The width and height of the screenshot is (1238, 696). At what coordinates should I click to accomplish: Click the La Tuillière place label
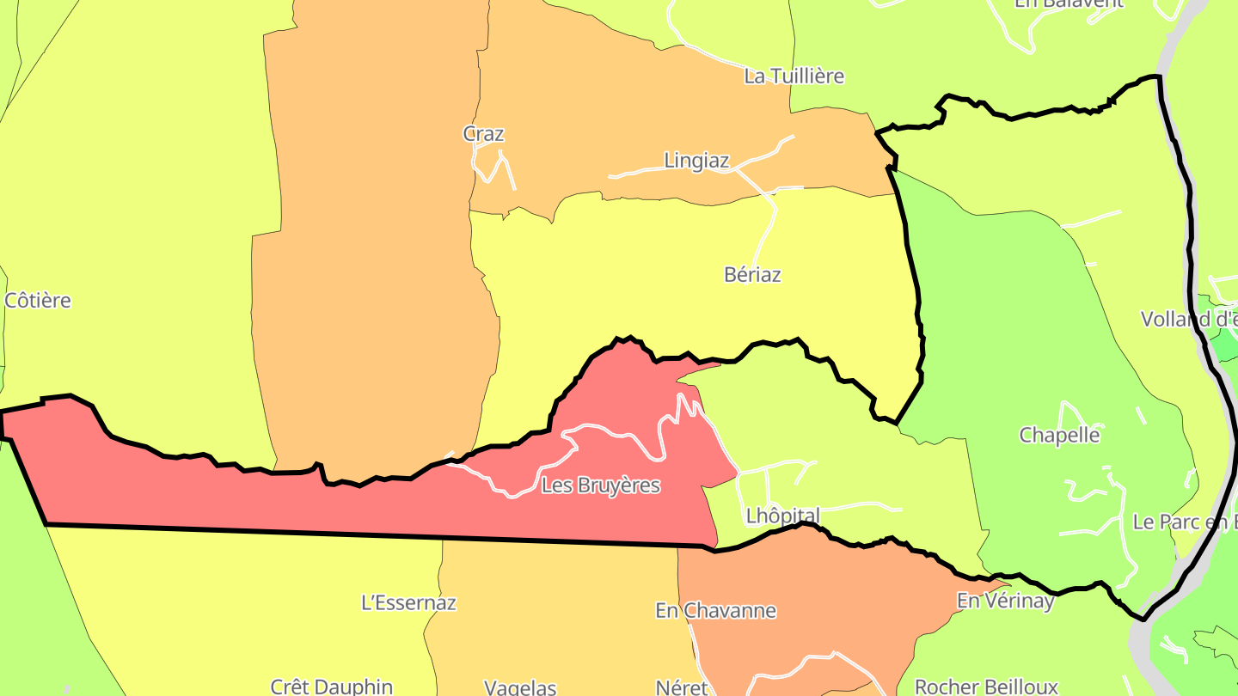click(794, 76)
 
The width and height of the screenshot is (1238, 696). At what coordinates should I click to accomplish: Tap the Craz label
click(483, 134)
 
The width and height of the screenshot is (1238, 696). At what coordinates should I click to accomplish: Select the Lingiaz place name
click(696, 161)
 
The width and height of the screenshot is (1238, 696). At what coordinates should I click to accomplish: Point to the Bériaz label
click(752, 275)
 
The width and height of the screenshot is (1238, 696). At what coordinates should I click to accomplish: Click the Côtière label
click(38, 301)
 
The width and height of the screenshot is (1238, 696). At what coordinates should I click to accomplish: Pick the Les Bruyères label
click(601, 485)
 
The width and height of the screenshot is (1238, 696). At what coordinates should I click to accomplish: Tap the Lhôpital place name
click(782, 516)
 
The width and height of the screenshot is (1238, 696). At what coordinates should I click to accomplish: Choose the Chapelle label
click(1059, 435)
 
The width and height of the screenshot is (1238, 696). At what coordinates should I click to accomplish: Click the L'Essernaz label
click(408, 602)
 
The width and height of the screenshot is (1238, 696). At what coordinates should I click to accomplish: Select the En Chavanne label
click(715, 611)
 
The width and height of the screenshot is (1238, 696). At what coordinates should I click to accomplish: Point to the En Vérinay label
click(1005, 601)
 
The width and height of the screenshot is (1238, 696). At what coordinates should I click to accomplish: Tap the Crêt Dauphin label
click(331, 687)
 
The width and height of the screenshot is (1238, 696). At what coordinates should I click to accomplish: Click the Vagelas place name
click(520, 687)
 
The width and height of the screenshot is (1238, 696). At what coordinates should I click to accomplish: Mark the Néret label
click(681, 687)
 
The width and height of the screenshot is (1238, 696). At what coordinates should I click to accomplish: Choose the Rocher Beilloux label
click(986, 687)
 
